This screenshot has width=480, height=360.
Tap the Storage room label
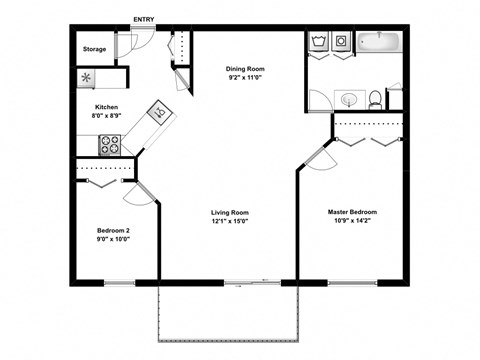pyautogui.click(x=94, y=48)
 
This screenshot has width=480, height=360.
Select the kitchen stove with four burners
pyautogui.click(x=110, y=145)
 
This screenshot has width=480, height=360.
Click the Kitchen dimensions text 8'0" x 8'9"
pyautogui.click(x=107, y=116)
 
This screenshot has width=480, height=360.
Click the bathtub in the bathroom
pyautogui.click(x=379, y=43)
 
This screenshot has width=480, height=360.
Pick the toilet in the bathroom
pyautogui.click(x=374, y=99)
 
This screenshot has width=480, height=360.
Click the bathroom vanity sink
pyautogui.click(x=349, y=99)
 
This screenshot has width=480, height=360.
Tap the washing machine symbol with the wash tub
pyautogui.click(x=320, y=42)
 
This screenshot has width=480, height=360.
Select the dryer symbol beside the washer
pyautogui.click(x=341, y=42)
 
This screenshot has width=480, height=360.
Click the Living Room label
pyautogui.click(x=230, y=213)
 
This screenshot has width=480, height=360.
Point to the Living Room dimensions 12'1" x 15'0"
pyautogui.click(x=230, y=222)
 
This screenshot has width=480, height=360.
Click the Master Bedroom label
pyautogui.click(x=353, y=212)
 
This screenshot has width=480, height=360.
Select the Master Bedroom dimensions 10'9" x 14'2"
pyautogui.click(x=353, y=221)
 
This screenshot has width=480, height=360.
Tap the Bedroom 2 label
pyautogui.click(x=112, y=231)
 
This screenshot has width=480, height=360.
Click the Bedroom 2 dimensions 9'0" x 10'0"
pyautogui.click(x=112, y=240)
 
